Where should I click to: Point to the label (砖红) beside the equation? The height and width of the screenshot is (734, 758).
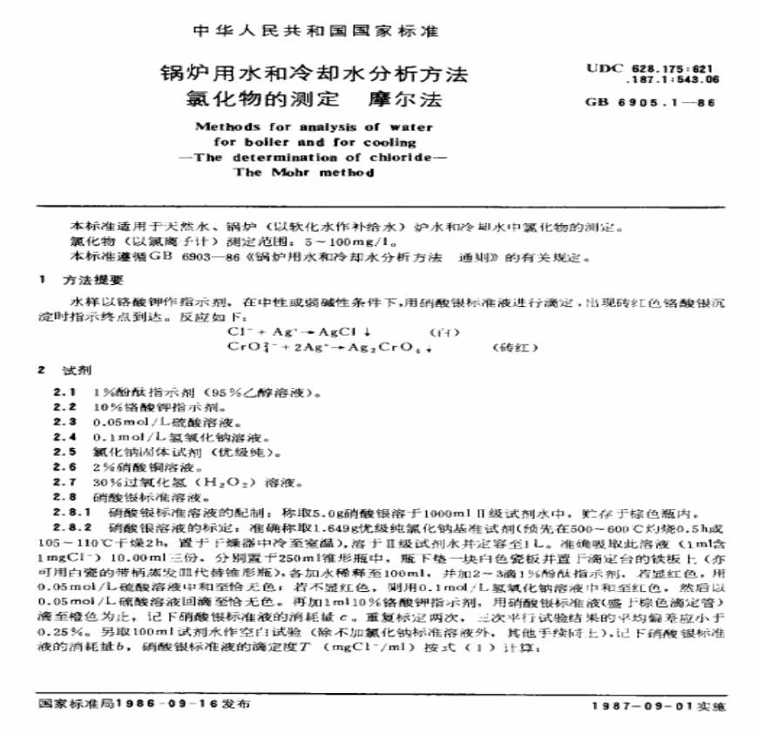[x=510, y=346]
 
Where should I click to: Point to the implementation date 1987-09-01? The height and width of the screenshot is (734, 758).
[x=640, y=703]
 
